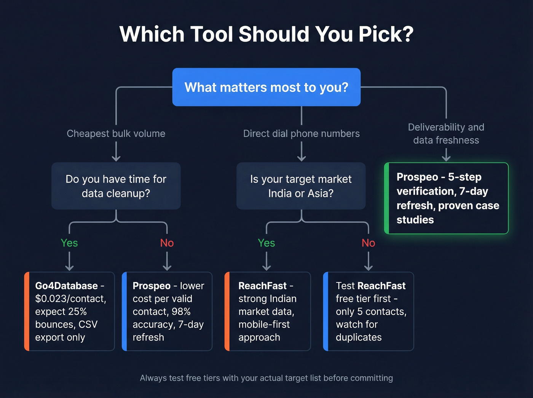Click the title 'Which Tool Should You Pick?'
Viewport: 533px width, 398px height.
(x=266, y=34)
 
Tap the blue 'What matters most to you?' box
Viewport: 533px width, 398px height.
(x=266, y=87)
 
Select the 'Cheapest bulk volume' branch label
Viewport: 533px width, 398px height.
(x=116, y=134)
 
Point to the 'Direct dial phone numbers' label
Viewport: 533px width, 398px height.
(x=301, y=134)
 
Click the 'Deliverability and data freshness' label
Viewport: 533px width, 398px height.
(x=446, y=134)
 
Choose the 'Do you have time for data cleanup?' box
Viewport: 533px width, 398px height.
(x=116, y=186)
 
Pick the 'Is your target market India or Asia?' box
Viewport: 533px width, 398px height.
(x=301, y=186)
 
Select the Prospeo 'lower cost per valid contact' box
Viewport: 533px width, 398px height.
(x=168, y=311)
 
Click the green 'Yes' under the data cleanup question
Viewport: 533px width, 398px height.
(x=69, y=243)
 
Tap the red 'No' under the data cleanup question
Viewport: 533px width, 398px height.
(x=167, y=243)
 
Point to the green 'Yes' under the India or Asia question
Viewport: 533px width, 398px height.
(x=266, y=243)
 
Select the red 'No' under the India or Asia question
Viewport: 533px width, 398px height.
(x=368, y=243)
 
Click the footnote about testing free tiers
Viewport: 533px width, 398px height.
(x=266, y=378)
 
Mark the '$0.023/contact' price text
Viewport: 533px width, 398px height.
(x=70, y=299)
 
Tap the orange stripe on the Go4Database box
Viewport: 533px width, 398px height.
(x=27, y=311)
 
